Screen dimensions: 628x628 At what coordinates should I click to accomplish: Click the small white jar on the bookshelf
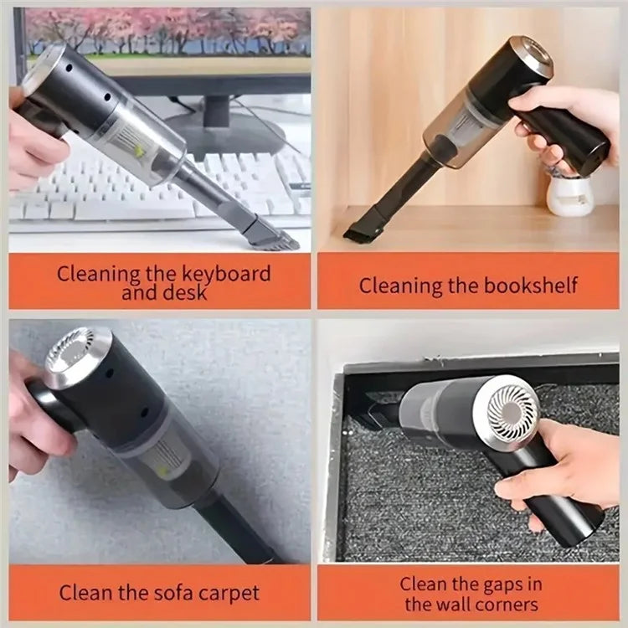569,195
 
